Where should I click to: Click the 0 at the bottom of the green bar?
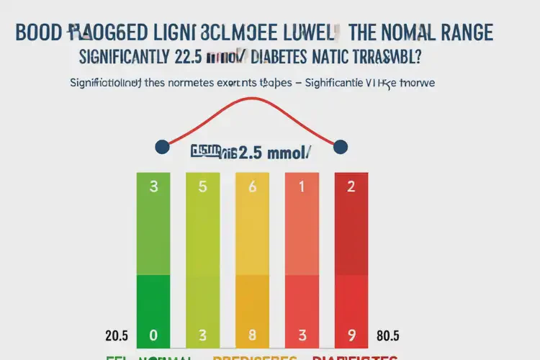pyautogui.click(x=153, y=335)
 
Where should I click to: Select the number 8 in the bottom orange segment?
pyautogui.click(x=252, y=335)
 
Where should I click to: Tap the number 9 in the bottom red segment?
pyautogui.click(x=351, y=335)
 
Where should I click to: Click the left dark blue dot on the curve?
pyautogui.click(x=162, y=147)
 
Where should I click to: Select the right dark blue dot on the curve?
pyautogui.click(x=341, y=147)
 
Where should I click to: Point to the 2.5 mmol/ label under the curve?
pyautogui.click(x=274, y=152)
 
